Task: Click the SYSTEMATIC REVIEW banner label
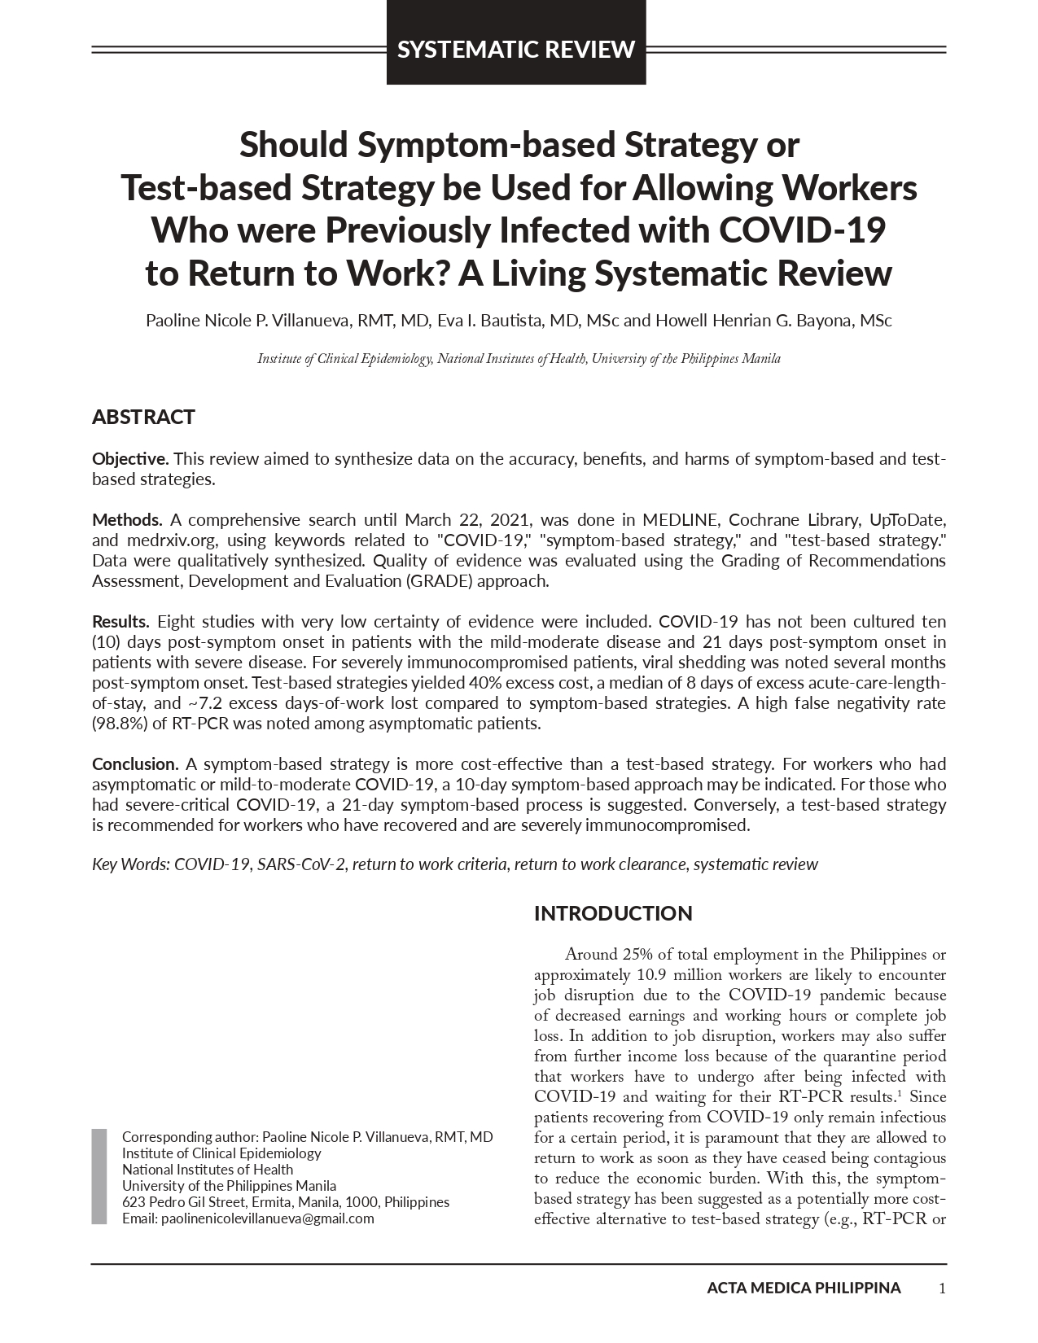(x=516, y=50)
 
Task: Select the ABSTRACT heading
(x=143, y=418)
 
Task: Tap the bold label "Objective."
(x=130, y=459)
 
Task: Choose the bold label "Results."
(x=120, y=622)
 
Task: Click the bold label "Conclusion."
(x=135, y=764)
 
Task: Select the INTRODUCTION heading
(x=613, y=913)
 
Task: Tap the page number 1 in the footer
(x=942, y=1288)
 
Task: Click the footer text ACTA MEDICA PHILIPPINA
(x=804, y=1288)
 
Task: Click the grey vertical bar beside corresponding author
(x=99, y=1176)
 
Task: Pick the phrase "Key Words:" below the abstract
(x=130, y=864)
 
